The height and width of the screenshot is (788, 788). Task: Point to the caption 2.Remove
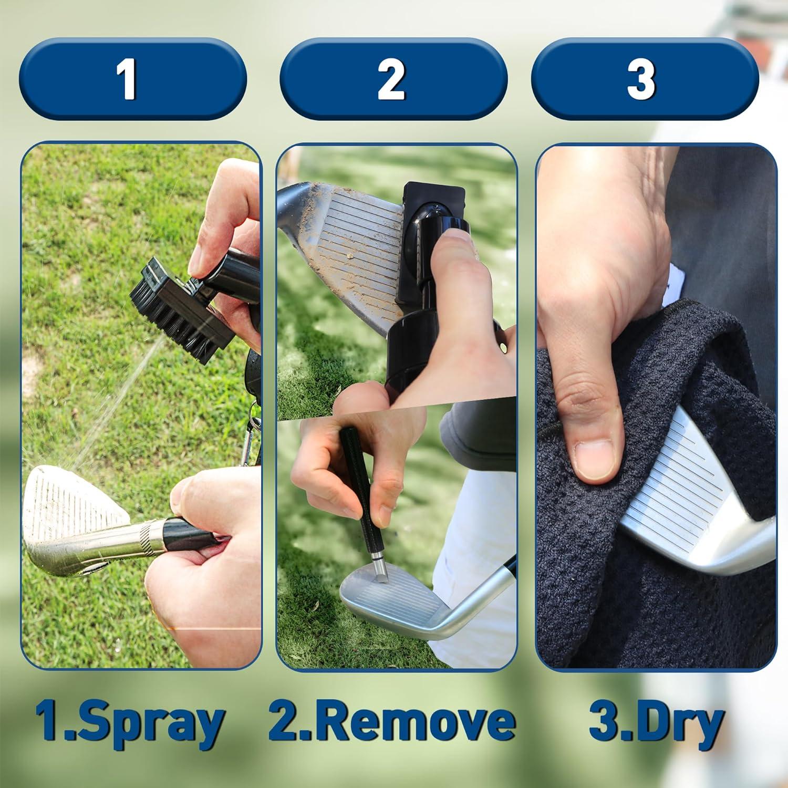[x=391, y=723]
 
